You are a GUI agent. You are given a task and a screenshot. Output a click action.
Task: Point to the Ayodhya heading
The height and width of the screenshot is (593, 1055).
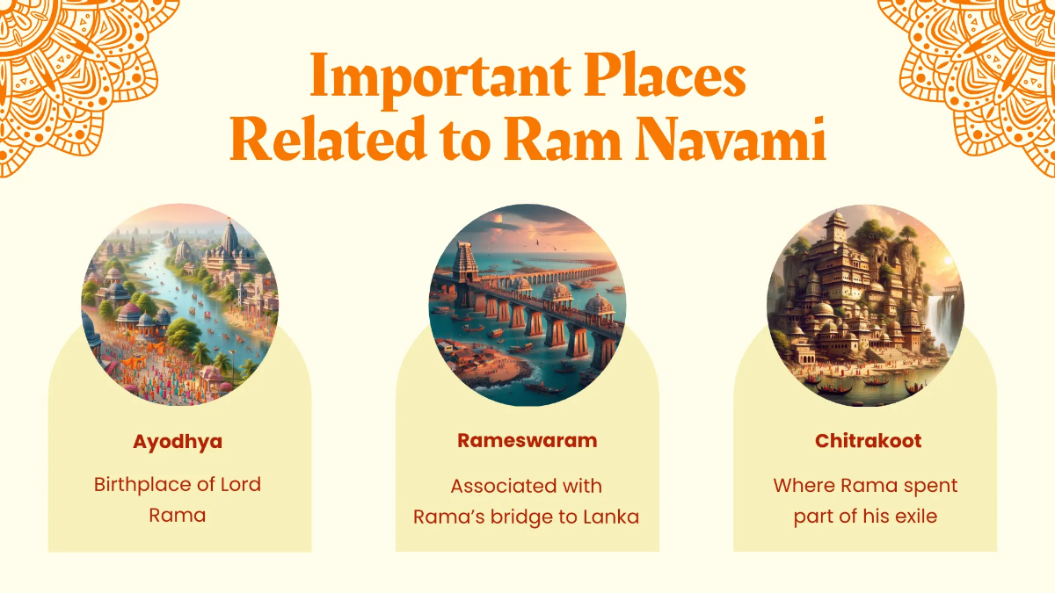[x=178, y=441]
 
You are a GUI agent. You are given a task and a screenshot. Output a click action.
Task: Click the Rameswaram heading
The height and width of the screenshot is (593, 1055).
[x=527, y=441]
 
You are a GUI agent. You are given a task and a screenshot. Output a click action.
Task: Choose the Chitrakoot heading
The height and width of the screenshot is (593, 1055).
[x=868, y=441]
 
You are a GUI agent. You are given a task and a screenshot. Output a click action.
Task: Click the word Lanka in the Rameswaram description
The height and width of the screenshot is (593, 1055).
[x=611, y=517]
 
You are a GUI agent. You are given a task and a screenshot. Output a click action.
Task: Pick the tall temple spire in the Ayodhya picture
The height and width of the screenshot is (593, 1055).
[x=230, y=239]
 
